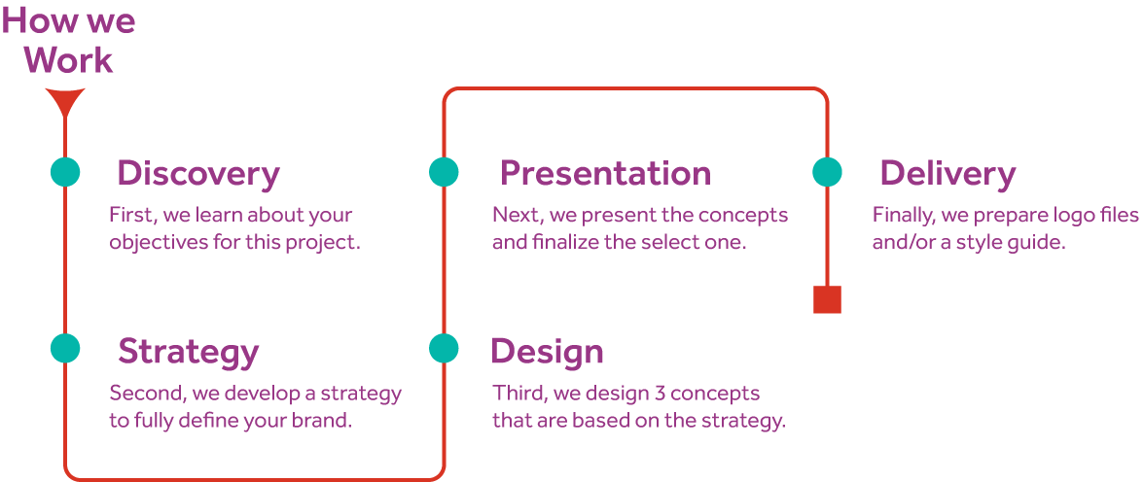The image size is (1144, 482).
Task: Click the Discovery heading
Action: click(197, 174)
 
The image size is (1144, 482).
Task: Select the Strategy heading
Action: click(188, 352)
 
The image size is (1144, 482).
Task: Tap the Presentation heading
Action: click(605, 174)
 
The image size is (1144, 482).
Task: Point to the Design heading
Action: click(547, 352)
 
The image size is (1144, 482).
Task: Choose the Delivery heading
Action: click(947, 174)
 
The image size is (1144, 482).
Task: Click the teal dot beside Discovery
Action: click(65, 172)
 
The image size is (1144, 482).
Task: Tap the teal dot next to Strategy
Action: click(65, 348)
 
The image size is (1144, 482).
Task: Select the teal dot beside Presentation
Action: click(444, 172)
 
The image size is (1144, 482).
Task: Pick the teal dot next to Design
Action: click(444, 348)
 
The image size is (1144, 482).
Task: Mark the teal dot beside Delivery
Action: click(827, 172)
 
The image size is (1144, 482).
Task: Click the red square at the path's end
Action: click(827, 300)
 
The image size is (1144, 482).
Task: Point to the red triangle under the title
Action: click(65, 101)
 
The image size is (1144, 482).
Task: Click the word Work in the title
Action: click(70, 60)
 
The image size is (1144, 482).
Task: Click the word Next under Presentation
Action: click(513, 215)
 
